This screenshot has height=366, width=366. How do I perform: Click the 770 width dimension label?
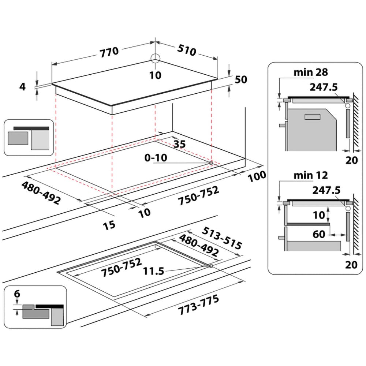109,51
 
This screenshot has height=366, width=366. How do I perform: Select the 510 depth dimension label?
187,51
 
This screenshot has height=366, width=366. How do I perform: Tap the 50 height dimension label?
241,79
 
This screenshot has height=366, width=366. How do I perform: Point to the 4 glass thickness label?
22,87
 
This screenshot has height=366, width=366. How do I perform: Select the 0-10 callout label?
156,158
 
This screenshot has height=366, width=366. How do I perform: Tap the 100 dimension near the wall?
257,176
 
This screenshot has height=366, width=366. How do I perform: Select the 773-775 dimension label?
199,305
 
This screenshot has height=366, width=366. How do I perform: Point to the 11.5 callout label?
153,271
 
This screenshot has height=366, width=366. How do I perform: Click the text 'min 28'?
311,72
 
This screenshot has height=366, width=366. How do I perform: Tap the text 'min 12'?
311,175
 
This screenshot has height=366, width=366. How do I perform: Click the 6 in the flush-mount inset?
17,294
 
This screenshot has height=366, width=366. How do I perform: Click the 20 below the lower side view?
351,264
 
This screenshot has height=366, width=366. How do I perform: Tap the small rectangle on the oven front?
312,117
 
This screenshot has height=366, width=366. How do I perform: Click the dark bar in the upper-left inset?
31,128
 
